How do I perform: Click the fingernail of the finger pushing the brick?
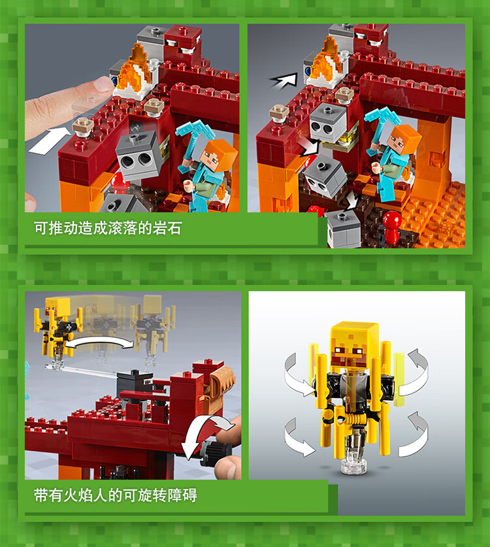[x=103, y=84]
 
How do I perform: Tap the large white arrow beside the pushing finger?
[x=50, y=141]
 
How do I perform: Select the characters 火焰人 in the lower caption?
[x=85, y=495]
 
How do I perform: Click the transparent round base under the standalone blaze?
[x=353, y=466]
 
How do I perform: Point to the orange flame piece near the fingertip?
[x=135, y=70]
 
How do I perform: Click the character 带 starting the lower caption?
[x=41, y=495]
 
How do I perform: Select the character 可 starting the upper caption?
[x=41, y=229]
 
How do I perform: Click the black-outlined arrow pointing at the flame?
[x=284, y=81]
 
